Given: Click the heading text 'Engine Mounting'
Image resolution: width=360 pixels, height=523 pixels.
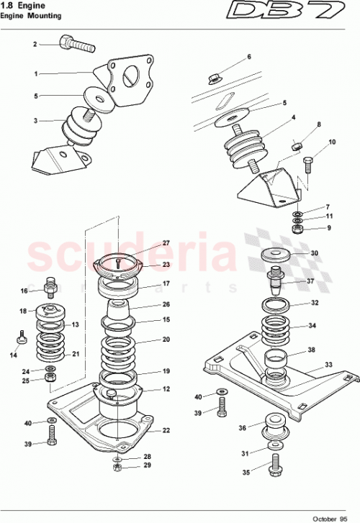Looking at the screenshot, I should tap(31, 15).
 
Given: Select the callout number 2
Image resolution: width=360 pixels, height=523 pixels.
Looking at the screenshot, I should tap(34, 45).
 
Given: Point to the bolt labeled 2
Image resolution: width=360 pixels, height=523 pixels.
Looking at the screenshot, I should tap(78, 43).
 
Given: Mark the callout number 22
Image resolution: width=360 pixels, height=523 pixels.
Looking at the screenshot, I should tap(166, 431).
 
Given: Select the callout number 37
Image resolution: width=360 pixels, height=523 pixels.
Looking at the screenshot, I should tap(311, 281).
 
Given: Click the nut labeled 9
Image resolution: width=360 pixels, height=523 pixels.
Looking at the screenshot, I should tap(297, 230).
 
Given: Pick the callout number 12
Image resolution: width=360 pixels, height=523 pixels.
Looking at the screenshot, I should tap(166, 389).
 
